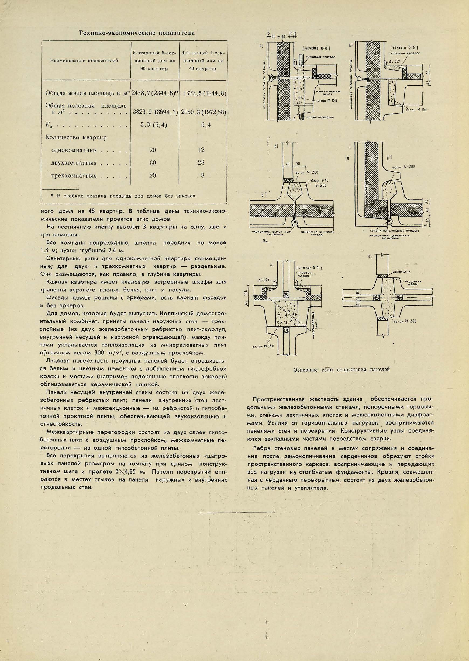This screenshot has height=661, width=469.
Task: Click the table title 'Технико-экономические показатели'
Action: (137, 33)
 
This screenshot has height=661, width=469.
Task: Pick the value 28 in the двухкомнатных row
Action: (201, 163)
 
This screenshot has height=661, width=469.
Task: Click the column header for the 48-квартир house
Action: (203, 61)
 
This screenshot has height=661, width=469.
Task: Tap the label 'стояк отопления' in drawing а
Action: (320, 117)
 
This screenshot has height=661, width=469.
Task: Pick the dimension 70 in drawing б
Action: (287, 164)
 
